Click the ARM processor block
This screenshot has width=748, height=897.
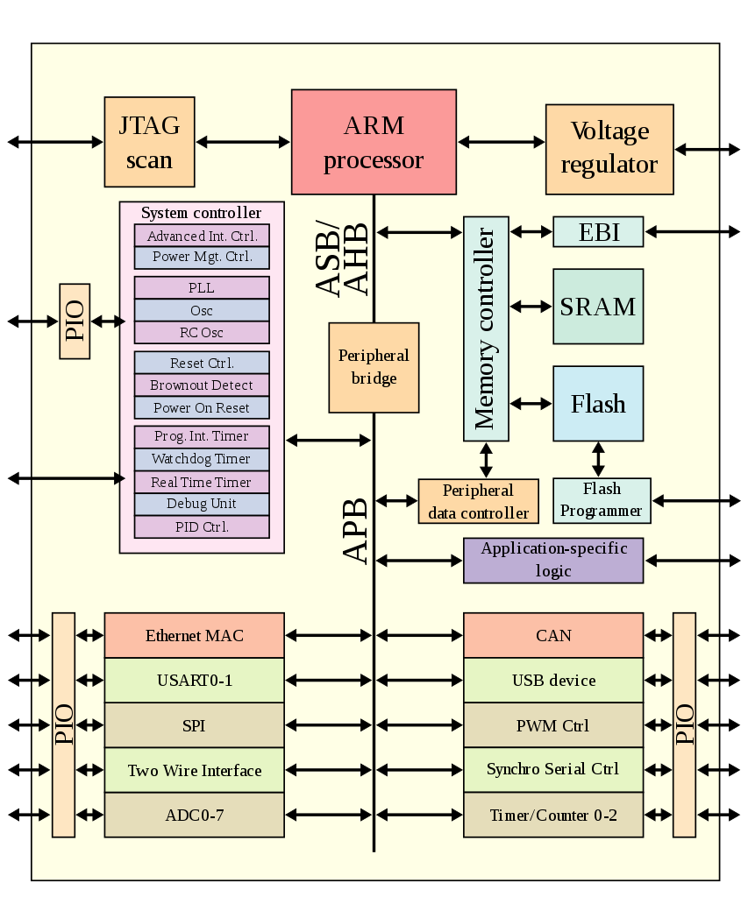(x=374, y=141)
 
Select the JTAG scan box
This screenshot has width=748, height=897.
(x=149, y=142)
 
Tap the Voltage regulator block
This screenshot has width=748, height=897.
(x=609, y=149)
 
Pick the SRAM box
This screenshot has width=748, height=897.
(x=598, y=307)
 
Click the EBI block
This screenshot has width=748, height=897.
(x=598, y=232)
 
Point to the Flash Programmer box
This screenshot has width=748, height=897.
(x=602, y=500)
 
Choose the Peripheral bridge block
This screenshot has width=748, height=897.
(x=374, y=367)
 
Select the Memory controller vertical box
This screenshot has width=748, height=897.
(x=486, y=329)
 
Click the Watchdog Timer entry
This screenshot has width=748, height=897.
(x=201, y=459)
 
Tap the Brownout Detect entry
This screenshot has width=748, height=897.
(x=201, y=385)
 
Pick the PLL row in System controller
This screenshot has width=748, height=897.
(x=201, y=288)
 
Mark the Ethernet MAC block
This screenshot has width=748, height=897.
(x=194, y=636)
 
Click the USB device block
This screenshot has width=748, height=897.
(x=553, y=681)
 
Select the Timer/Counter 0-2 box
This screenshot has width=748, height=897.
(x=553, y=816)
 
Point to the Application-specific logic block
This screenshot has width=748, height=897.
(x=553, y=561)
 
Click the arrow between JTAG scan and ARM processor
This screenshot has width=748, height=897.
(x=243, y=141)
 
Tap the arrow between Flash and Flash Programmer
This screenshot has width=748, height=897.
(x=598, y=459)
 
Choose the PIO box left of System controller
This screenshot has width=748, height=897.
(x=75, y=321)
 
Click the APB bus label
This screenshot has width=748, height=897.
(x=355, y=531)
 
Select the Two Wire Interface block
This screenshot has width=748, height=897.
(x=194, y=771)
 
